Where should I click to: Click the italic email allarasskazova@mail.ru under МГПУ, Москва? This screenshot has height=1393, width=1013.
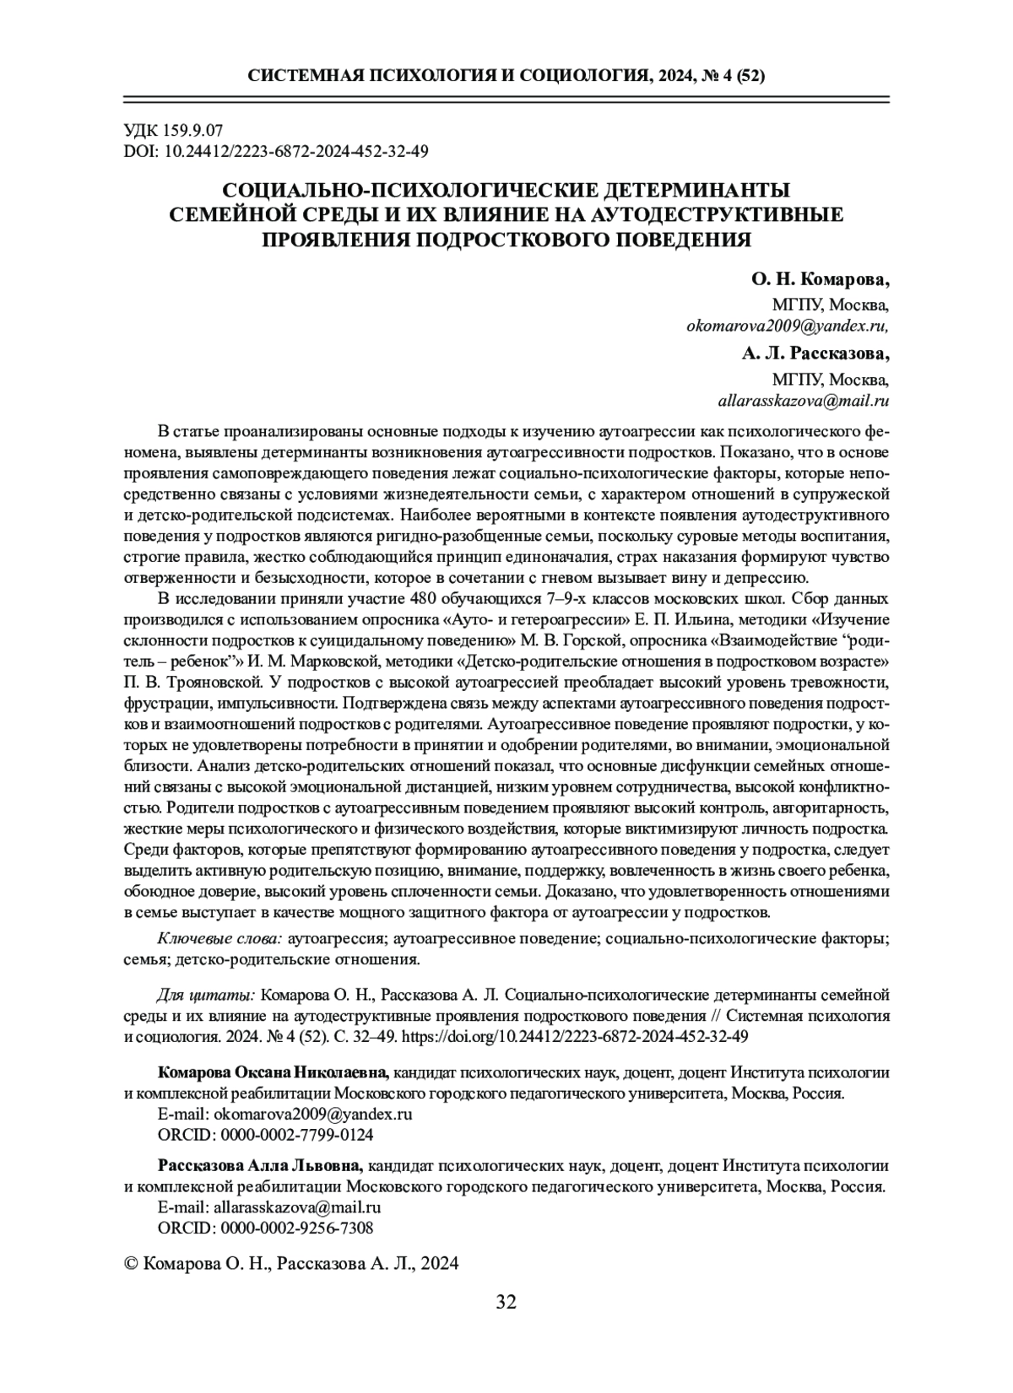(x=803, y=401)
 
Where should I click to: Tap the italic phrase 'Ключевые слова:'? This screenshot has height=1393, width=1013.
(x=220, y=938)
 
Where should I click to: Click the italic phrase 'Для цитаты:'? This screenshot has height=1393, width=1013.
(x=206, y=996)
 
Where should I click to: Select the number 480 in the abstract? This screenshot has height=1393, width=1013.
(x=425, y=598)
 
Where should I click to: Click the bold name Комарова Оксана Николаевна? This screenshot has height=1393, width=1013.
(x=274, y=1072)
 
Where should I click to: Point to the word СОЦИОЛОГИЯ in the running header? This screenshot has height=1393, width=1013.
(x=580, y=76)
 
